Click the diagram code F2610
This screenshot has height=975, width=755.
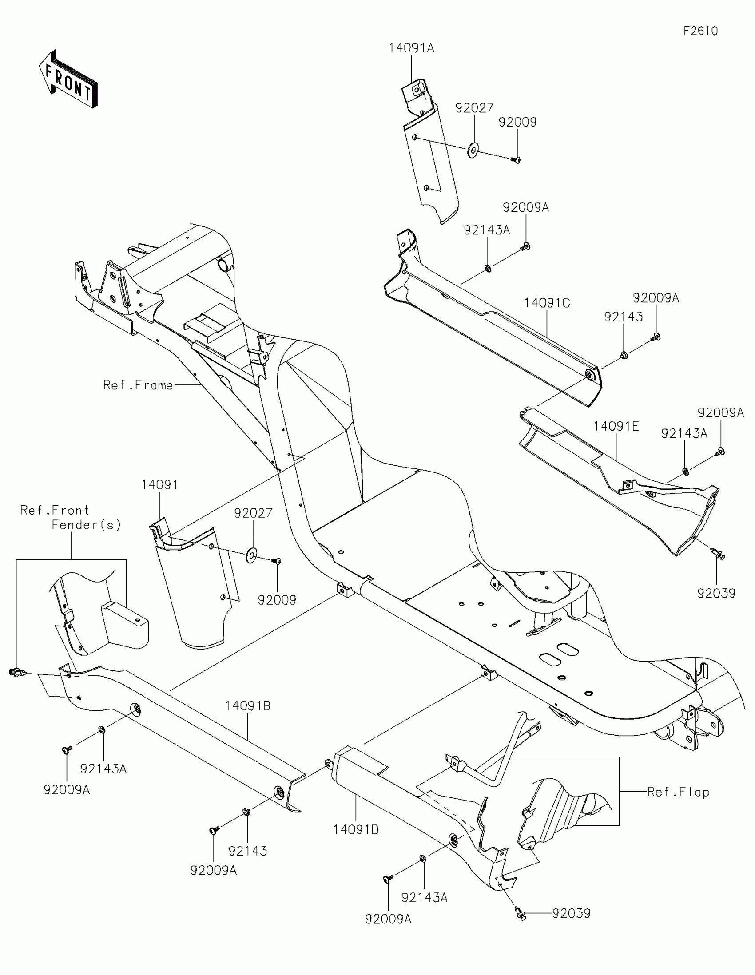(700, 31)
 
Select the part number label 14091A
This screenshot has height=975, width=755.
(411, 48)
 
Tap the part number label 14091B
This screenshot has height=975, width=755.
(247, 706)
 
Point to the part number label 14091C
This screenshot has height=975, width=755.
(547, 303)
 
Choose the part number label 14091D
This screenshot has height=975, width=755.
(356, 829)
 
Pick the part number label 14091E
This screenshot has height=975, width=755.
(616, 426)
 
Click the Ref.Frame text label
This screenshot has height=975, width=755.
(138, 385)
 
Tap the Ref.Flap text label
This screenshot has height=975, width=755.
(678, 792)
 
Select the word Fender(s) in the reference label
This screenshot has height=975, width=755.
(86, 524)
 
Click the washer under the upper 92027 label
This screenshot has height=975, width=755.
(473, 151)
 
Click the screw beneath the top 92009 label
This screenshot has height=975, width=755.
(517, 159)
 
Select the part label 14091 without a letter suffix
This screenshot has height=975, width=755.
(160, 484)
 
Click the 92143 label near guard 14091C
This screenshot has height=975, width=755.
(623, 317)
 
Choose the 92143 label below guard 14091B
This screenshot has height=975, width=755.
(247, 851)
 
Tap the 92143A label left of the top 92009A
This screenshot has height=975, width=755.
(487, 230)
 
